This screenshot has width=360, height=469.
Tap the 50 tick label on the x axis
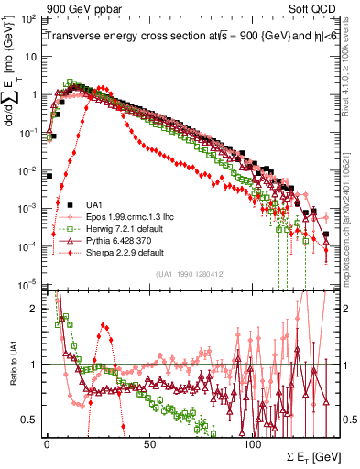(x=149, y=442)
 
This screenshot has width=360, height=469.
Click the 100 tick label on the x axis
(x=252, y=442)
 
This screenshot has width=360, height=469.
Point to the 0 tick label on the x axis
(x=47, y=442)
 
